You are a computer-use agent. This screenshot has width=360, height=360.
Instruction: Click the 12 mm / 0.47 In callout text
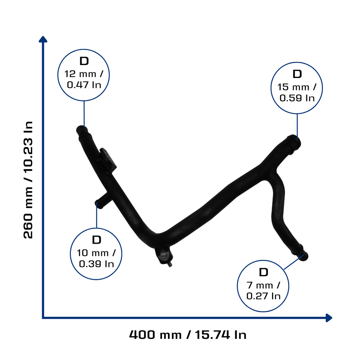(84, 79)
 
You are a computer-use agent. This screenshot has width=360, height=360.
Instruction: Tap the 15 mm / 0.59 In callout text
(297, 92)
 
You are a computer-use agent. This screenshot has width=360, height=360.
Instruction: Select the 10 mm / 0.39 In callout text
(96, 258)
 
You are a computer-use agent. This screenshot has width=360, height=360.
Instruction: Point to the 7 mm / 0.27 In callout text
(263, 291)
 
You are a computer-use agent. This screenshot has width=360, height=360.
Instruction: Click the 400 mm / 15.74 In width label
(188, 335)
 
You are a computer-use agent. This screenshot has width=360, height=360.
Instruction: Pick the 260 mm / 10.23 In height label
(28, 180)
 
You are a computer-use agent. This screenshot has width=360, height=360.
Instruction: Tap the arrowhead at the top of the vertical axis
(43, 39)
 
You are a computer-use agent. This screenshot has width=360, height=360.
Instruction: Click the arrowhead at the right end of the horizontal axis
(329, 318)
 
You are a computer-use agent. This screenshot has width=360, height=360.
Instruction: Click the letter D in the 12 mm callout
(84, 61)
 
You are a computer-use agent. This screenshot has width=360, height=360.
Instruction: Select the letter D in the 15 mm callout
(297, 74)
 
